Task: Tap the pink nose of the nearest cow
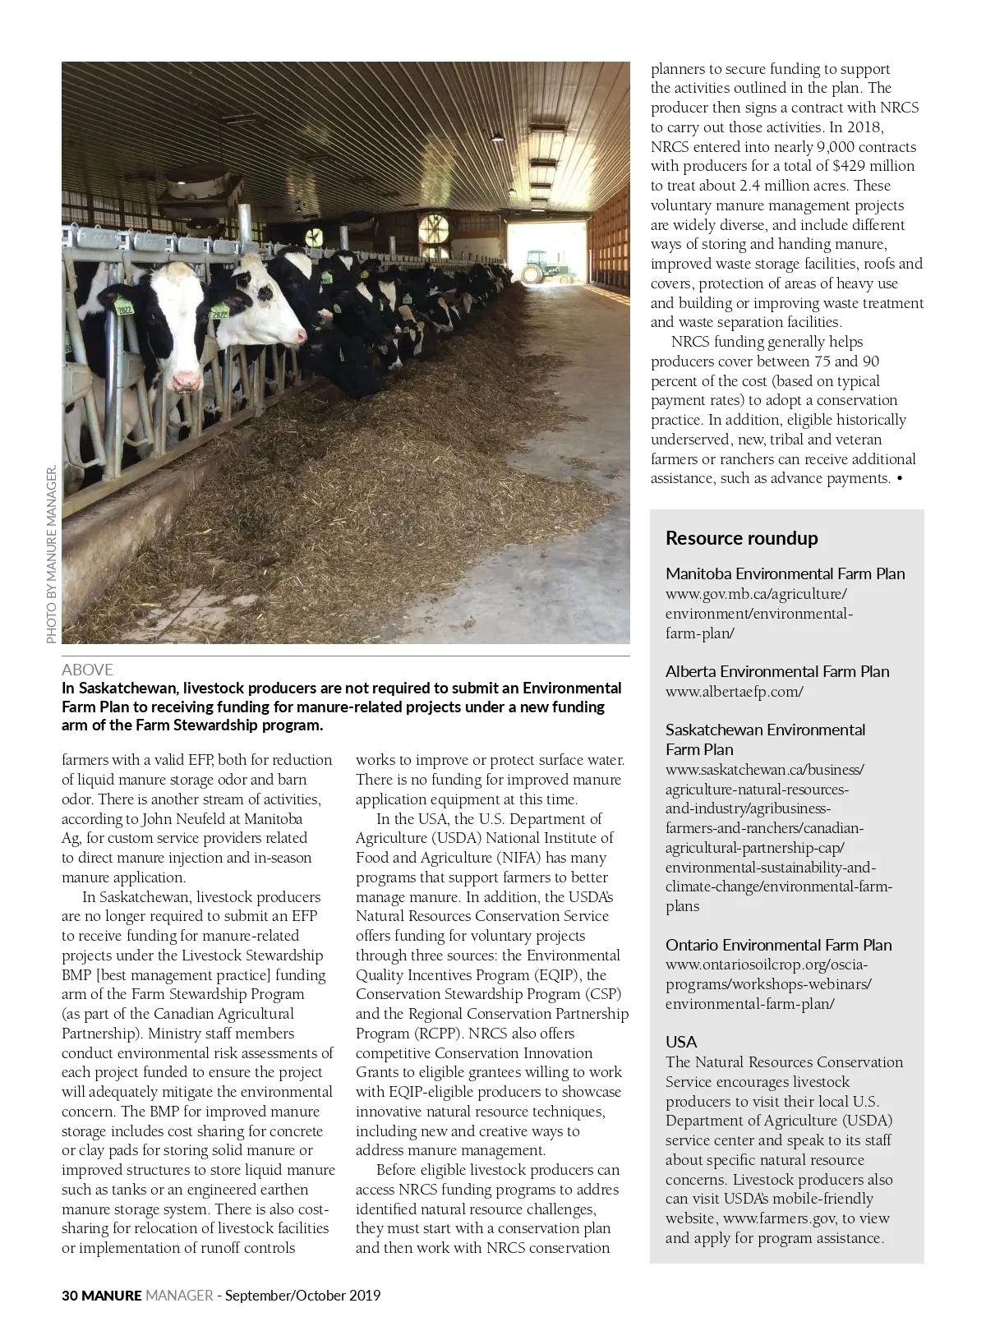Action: point(187,380)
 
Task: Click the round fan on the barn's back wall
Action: point(432,233)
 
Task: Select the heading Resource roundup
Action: point(741,538)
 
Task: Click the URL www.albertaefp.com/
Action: point(734,691)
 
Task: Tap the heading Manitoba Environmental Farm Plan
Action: point(785,573)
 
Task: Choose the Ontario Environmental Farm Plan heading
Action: point(778,945)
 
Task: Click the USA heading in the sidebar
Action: point(680,1042)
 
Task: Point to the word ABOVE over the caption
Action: point(87,670)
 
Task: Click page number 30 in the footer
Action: point(69,1296)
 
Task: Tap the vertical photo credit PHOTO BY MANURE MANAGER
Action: point(51,555)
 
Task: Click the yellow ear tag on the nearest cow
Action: point(125,310)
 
